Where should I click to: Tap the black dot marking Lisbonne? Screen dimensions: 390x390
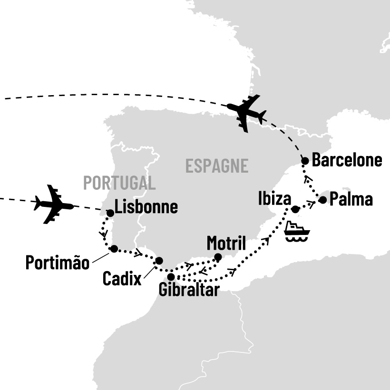(x=110, y=213)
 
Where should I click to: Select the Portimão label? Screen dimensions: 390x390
(x=58, y=263)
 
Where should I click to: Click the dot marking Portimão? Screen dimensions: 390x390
(x=114, y=248)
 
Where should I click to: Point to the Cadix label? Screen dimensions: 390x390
(x=122, y=278)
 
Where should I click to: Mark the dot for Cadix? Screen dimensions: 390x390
(x=159, y=260)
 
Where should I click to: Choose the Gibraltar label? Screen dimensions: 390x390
(x=189, y=290)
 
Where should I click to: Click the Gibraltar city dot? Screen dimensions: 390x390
(x=171, y=276)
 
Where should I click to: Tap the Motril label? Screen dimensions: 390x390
(x=226, y=244)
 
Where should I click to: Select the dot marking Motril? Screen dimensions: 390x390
(x=218, y=257)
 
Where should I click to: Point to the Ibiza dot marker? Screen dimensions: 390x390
(x=295, y=209)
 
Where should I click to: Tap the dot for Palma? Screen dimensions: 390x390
(x=323, y=200)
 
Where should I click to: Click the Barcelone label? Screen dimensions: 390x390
(x=347, y=160)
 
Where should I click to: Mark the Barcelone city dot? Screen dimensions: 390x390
(x=306, y=161)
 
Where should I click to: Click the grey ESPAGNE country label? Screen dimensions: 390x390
(x=217, y=166)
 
